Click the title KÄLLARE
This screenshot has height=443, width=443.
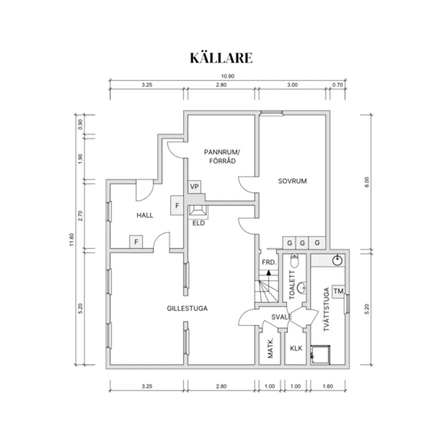pos(221,57)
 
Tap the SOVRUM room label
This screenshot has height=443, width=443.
pos(292,181)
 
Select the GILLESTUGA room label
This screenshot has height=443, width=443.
pos(187,309)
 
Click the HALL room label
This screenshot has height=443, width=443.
pos(144,215)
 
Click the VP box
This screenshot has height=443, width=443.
pos(194,187)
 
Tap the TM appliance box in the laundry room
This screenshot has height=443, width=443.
pos(338,291)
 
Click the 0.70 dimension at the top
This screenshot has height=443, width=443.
pos(337,85)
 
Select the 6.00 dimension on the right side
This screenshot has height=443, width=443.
pos(367,181)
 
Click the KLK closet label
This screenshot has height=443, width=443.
pos(296,348)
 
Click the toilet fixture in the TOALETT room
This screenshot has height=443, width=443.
pos(294,263)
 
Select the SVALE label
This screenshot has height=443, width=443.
pos(281,317)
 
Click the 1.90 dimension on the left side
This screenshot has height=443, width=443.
pos(81,159)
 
